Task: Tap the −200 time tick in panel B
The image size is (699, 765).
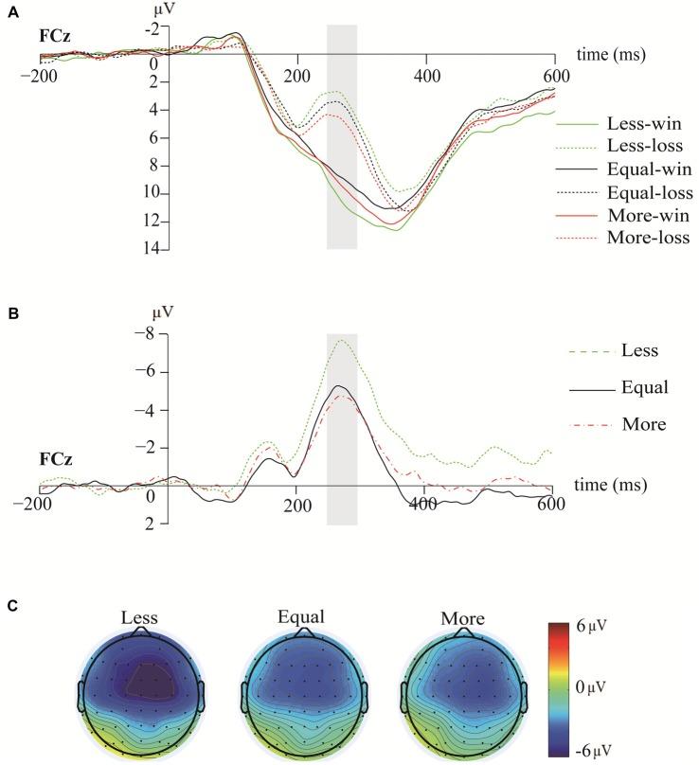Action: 40,507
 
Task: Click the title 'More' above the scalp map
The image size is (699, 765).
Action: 462,619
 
